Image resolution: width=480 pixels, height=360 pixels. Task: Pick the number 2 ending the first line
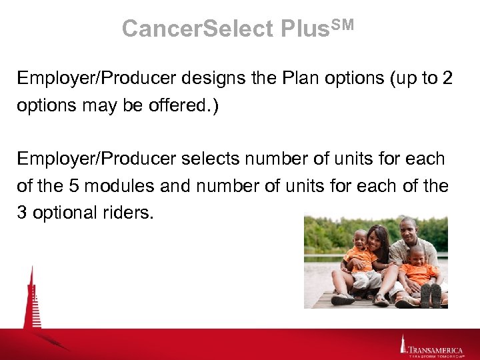pyautogui.click(x=446, y=78)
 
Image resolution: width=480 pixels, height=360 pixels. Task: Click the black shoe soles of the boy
pyautogui.click(x=431, y=295)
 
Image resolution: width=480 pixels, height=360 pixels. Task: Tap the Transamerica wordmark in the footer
pyautogui.click(x=437, y=347)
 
